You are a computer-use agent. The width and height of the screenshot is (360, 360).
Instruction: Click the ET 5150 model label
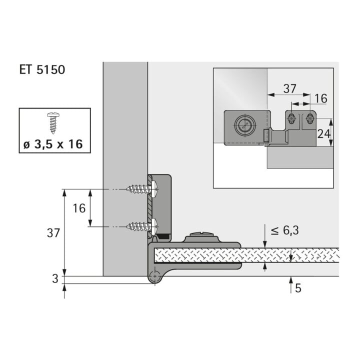(x=42, y=69)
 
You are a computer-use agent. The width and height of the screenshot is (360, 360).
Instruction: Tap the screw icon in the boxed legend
(x=52, y=122)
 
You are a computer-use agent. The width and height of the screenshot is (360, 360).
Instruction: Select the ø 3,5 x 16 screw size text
(x=53, y=144)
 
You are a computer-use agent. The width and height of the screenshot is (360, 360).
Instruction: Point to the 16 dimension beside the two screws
(x=79, y=208)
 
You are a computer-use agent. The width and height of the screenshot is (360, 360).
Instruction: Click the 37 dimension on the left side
(x=53, y=233)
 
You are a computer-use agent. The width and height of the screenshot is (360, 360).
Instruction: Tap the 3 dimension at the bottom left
(x=55, y=278)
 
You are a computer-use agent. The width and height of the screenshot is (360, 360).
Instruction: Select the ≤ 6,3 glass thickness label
(x=284, y=230)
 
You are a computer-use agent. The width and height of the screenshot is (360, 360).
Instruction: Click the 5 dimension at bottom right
(x=298, y=288)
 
